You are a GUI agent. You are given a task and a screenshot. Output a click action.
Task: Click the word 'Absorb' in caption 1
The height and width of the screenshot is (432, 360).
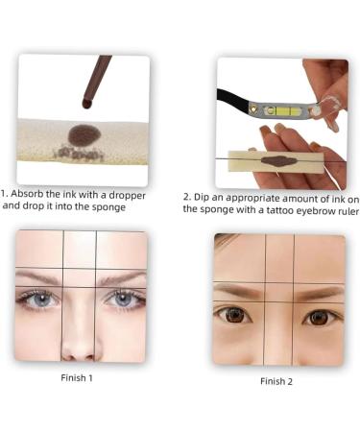(32, 192)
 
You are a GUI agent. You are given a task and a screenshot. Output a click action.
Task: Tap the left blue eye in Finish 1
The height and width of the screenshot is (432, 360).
(38, 298)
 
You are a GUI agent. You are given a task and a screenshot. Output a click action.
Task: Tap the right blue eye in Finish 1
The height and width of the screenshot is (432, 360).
(124, 299)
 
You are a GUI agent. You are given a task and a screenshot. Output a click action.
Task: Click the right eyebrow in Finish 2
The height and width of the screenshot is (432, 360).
(319, 291)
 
